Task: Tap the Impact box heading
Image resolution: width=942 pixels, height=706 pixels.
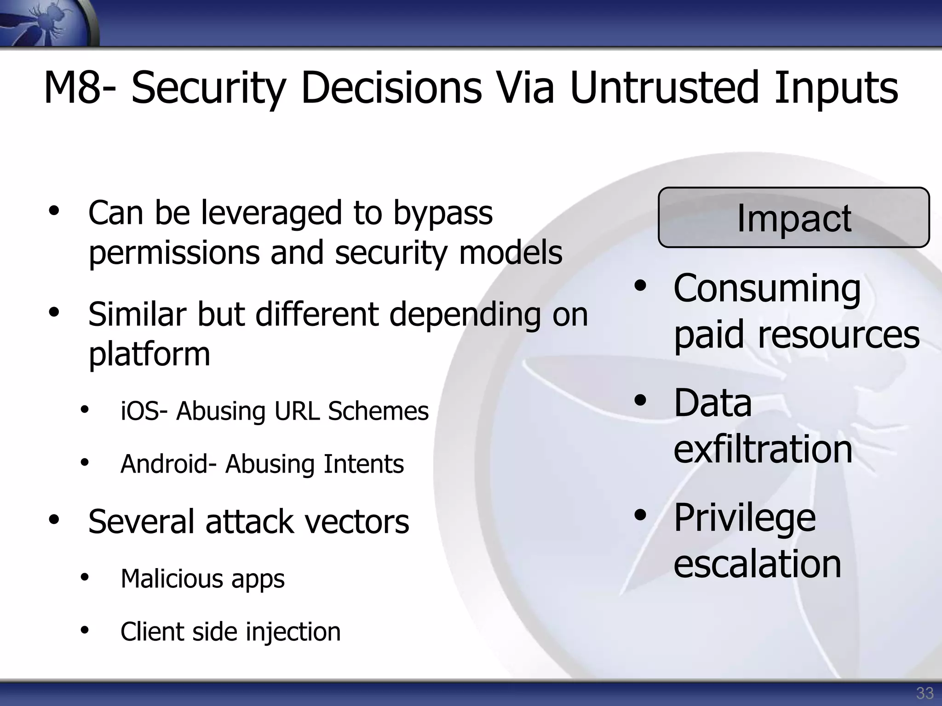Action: [793, 218]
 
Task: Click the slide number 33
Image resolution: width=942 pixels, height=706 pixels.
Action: [925, 693]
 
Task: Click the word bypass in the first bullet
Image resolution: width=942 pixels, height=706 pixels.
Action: [442, 214]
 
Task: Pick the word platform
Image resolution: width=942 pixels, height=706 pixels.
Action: [149, 354]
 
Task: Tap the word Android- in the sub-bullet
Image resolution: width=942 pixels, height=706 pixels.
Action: [168, 464]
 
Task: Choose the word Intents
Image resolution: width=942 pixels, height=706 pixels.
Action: [363, 464]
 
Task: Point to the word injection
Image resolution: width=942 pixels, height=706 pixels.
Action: [293, 632]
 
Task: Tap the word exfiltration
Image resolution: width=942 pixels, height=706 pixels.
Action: [763, 449]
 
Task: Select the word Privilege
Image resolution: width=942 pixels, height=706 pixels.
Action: [744, 518]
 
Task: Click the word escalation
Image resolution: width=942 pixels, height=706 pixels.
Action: [757, 564]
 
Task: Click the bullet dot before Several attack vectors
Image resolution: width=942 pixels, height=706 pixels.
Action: [54, 520]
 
